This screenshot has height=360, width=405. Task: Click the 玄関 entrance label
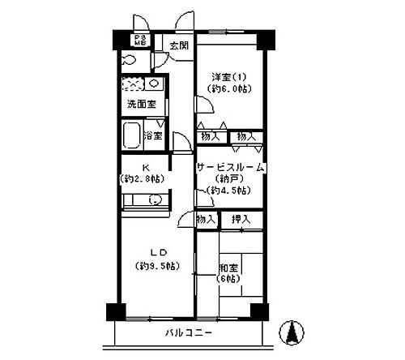tap(179, 45)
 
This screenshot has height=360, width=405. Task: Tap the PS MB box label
tap(140, 41)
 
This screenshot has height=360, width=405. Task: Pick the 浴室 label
tap(153, 135)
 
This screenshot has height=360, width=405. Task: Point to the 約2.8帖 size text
tap(143, 178)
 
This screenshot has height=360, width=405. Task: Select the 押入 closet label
tap(241, 219)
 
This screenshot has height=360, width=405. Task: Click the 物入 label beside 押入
tap(207, 219)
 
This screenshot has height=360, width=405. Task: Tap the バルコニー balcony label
tap(189, 333)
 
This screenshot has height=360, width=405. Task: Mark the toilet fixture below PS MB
tap(128, 60)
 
